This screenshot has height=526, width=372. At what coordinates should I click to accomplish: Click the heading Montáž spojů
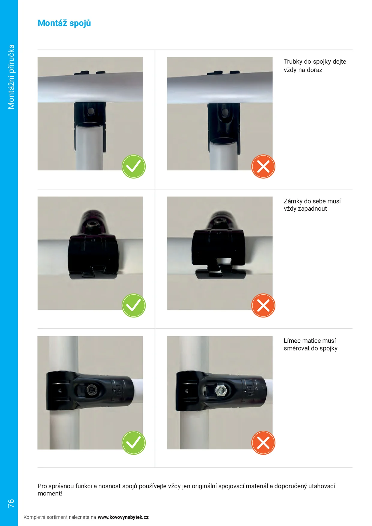(x=64, y=23)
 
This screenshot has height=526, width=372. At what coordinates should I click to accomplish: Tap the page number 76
(x=11, y=503)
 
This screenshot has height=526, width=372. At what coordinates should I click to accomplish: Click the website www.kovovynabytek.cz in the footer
(x=123, y=517)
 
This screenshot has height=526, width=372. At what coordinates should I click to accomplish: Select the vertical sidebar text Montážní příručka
(x=11, y=77)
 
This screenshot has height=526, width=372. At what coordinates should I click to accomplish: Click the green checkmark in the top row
(x=134, y=167)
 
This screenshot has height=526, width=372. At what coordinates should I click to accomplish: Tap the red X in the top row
(x=263, y=167)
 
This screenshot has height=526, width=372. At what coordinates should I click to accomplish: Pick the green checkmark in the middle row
(x=134, y=305)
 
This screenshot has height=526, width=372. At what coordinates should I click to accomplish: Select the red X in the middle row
(x=263, y=305)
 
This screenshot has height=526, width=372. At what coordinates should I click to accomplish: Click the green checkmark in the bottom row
(x=134, y=443)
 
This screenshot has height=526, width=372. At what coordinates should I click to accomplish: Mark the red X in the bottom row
(x=263, y=443)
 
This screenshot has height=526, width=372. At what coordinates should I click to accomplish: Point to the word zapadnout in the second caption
(x=313, y=209)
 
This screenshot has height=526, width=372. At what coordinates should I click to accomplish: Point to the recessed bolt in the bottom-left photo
(x=91, y=390)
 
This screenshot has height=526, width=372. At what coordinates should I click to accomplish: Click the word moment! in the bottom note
(x=50, y=494)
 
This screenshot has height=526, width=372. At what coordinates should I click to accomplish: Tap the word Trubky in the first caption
(x=293, y=62)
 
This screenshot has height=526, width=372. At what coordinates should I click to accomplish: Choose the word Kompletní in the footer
(x=34, y=517)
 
